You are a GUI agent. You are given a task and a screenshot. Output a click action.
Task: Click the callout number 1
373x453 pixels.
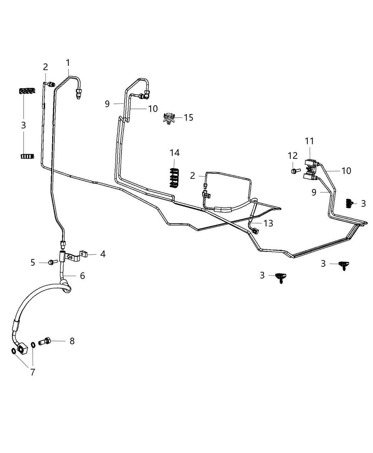tap(67, 63)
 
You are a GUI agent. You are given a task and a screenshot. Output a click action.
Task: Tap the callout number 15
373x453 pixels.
tap(189, 118)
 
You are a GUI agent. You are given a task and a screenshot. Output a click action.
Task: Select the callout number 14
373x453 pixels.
tap(174, 153)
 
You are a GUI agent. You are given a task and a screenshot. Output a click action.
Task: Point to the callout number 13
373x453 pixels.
tap(268, 223)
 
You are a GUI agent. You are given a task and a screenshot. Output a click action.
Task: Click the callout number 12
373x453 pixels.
tap(292, 156)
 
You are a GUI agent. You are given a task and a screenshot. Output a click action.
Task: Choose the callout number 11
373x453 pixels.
tap(309, 141)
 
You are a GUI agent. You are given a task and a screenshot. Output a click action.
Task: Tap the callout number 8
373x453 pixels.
tap(72, 341)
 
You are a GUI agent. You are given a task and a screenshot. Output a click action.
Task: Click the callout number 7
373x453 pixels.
tap(33, 372)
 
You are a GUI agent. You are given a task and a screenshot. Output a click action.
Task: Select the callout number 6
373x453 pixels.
tap(82, 276)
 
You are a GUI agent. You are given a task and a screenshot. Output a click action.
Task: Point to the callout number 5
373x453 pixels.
tap(33, 263)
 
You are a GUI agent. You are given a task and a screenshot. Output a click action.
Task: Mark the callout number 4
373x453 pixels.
tap(103, 254)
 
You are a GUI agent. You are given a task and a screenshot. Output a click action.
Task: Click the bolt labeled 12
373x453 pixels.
tap(294, 171)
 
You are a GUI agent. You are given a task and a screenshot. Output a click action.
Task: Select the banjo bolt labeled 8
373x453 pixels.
tap(45, 341)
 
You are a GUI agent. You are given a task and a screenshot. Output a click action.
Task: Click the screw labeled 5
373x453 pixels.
tap(52, 262)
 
